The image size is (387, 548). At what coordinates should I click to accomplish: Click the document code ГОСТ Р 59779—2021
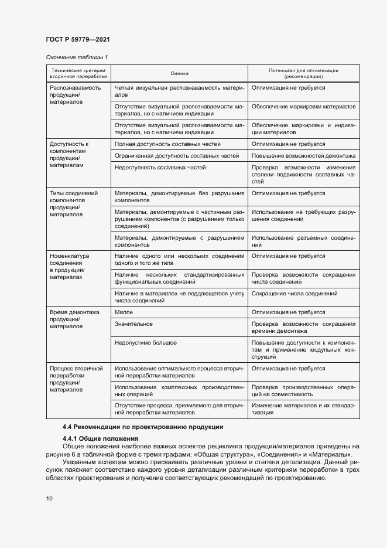pos(77,39)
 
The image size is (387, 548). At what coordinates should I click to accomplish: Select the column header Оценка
pos(179,73)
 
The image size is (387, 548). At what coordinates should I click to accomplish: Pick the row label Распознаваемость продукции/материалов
pos(75,94)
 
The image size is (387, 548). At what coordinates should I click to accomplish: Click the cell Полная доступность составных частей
pos(167,144)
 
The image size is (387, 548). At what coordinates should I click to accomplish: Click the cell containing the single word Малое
pos(124,312)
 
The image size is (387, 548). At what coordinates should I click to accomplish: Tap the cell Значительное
pos(134,324)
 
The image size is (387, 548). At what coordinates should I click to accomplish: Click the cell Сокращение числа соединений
pos(294,293)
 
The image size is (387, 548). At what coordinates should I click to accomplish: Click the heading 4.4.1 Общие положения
pos(100,438)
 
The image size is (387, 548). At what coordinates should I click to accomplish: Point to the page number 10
pos(49,498)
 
